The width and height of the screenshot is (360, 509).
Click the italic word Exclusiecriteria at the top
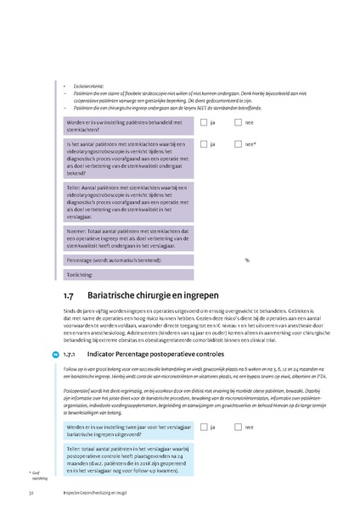point(88,87)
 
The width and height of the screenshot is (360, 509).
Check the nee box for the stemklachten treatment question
point(239,122)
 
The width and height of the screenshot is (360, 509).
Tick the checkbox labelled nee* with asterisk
point(239,145)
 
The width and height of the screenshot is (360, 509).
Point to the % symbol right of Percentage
point(247,260)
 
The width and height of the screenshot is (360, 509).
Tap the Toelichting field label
point(82,275)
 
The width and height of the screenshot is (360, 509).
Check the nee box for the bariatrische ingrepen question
point(239,428)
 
